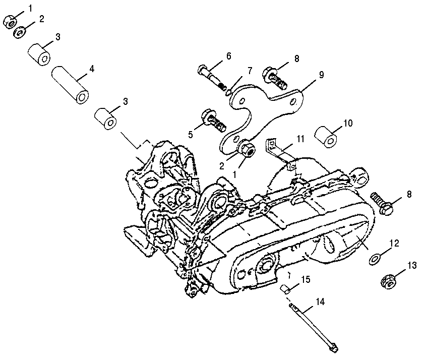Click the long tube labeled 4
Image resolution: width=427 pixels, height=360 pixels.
coord(70,85)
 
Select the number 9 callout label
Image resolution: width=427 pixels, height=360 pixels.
coord(321,74)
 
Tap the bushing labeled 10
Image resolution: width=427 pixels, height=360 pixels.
coord(326,137)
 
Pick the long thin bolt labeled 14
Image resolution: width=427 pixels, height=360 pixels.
coord(314,328)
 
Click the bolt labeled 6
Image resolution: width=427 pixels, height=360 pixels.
coord(212,78)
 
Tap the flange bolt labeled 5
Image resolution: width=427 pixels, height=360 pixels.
coord(214,121)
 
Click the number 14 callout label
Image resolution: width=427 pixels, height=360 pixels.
coord(321,302)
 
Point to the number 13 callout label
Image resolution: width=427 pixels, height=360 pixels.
coord(412,265)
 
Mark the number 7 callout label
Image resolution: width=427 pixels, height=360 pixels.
coord(250,70)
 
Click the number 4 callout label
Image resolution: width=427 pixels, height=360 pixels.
coord(92,69)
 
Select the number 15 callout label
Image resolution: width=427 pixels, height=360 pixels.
coord(306,279)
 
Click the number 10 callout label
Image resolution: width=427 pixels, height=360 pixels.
coord(348,123)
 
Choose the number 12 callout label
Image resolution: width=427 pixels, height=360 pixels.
coord(394,243)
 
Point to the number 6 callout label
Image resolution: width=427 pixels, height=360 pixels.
coord(228,56)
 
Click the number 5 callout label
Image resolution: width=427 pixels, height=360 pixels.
coord(191,134)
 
